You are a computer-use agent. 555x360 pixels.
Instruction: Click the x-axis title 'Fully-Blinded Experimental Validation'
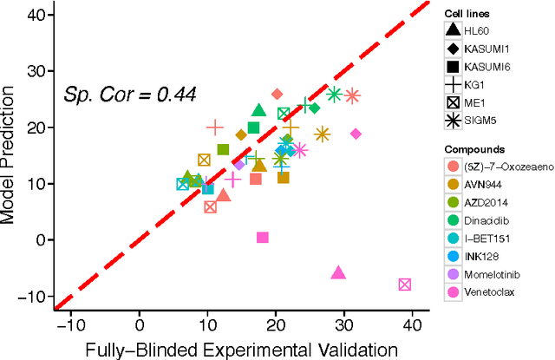click(x=240, y=349)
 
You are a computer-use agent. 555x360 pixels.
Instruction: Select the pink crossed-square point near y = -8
click(x=404, y=285)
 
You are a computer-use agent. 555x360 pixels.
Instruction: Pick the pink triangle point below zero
click(x=338, y=272)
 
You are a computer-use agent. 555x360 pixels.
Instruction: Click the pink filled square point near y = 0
click(x=263, y=238)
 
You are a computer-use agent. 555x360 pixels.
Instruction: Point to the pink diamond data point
click(x=356, y=134)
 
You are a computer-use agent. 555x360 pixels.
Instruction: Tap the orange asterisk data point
click(x=323, y=134)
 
